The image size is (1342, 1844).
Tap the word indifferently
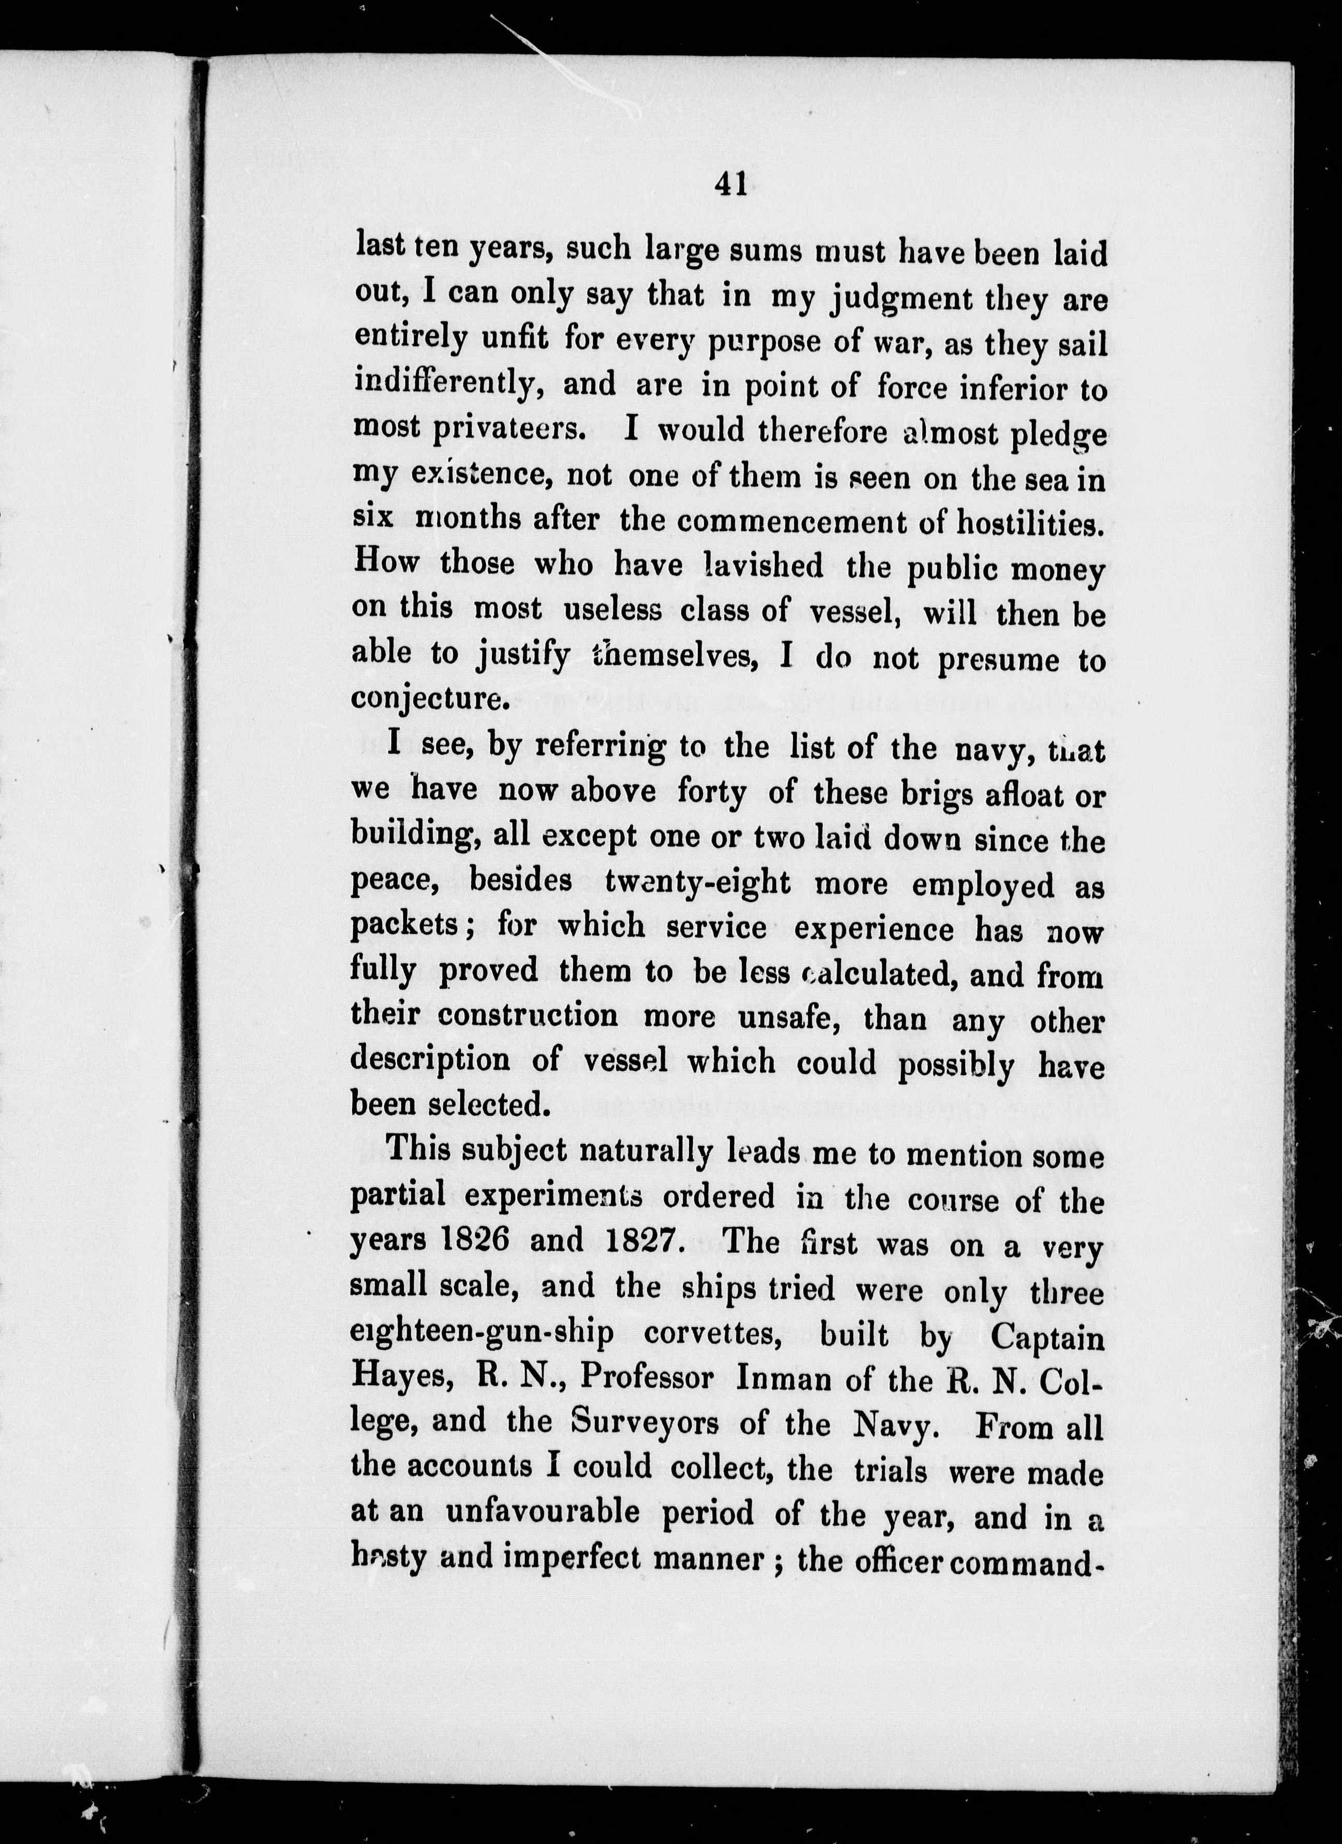coord(449,384)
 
